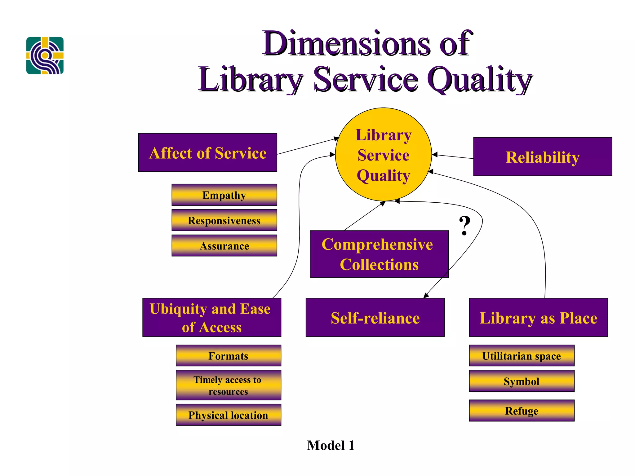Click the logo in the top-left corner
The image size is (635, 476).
coord(45,55)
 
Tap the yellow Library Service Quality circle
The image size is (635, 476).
coord(383,154)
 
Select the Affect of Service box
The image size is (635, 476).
coord(207,152)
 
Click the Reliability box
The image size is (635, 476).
coord(542,157)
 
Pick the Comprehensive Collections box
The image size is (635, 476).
coord(379,254)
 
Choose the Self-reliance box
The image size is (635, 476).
coord(375,318)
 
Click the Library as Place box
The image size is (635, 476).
coord(538,318)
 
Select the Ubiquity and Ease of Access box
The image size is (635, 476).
coord(211,318)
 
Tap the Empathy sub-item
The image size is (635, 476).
coord(224,195)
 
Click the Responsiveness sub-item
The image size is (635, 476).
coord(224,220)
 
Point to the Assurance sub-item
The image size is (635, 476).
coord(224,246)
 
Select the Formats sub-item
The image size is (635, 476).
coord(228,356)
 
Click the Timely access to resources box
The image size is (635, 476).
coord(228,385)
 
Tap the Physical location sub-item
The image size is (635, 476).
coord(228,415)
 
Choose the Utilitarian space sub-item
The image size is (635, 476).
coord(522,356)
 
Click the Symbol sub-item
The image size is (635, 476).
coord(522,381)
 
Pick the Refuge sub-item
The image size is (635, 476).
coord(522,411)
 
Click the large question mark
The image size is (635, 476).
coord(464,226)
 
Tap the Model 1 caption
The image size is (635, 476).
coord(331,445)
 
